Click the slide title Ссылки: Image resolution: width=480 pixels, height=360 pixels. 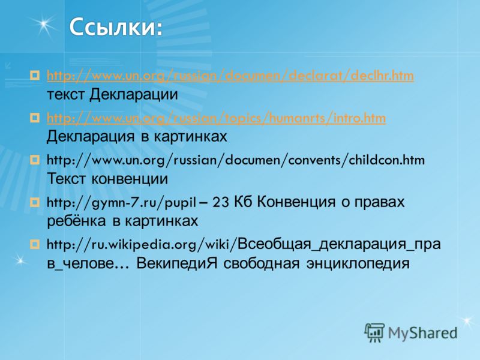(116, 28)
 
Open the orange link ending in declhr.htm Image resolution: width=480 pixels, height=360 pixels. (230, 76)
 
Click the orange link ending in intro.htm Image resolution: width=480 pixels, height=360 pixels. (216, 118)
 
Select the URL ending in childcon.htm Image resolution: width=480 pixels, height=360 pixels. (236, 160)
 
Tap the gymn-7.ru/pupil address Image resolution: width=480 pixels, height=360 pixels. (121, 203)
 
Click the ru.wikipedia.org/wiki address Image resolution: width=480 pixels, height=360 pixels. (138, 245)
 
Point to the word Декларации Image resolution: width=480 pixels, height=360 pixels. (133, 95)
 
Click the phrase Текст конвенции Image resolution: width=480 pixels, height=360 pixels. (107, 179)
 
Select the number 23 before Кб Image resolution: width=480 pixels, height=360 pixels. (220, 202)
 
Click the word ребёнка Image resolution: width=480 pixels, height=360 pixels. (76, 221)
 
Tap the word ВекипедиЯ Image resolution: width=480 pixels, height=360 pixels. (176, 263)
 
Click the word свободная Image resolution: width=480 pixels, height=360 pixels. (262, 263)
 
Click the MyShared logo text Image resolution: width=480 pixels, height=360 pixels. (422, 333)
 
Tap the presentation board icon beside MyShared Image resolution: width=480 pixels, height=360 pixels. (374, 332)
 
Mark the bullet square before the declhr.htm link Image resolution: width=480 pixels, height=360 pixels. (35, 75)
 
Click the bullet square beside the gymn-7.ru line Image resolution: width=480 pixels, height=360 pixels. (35, 202)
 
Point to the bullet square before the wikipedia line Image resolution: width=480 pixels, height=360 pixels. (35, 244)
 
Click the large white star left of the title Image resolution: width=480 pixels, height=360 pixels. (44, 24)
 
